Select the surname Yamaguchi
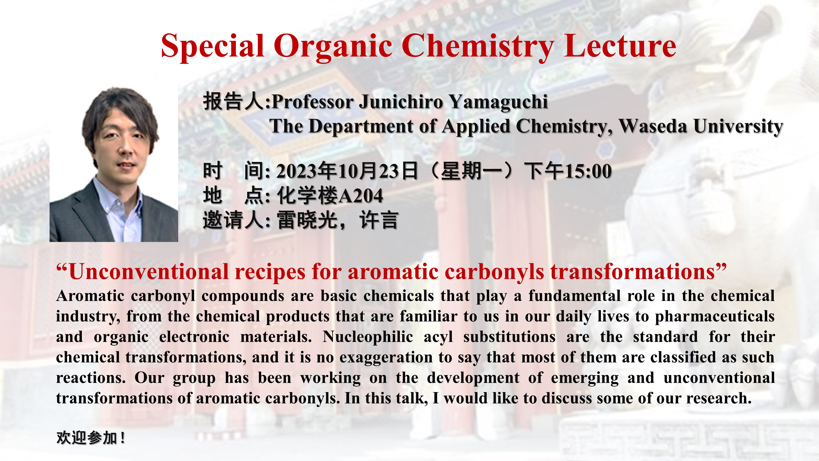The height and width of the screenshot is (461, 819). (498, 102)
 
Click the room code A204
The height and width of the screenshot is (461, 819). (360, 196)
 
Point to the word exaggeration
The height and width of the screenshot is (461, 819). (386, 358)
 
